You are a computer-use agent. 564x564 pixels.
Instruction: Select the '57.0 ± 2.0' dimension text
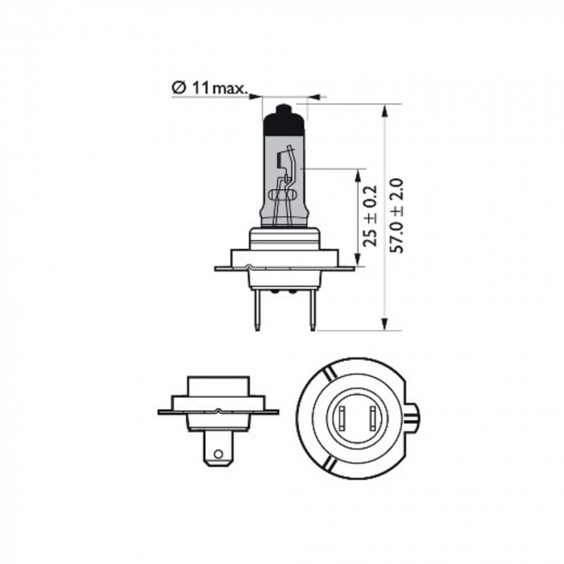click(395, 216)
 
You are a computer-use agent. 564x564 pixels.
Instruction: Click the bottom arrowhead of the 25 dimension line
click(358, 263)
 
